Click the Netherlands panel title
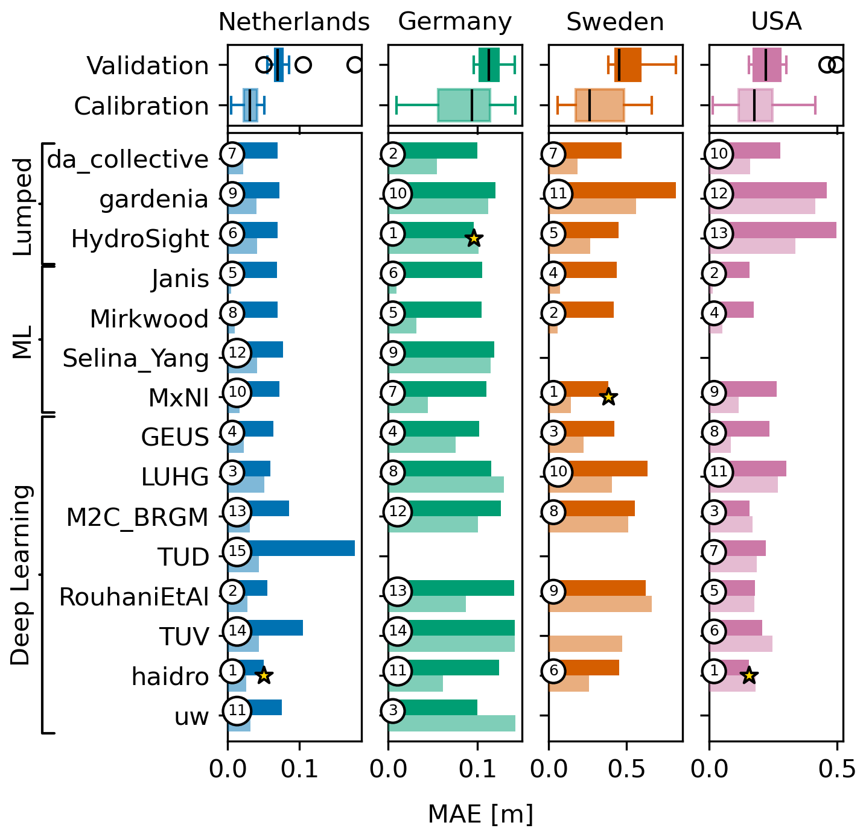pyautogui.click(x=293, y=22)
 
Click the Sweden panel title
pyautogui.click(x=614, y=22)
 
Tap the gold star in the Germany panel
pyautogui.click(x=474, y=238)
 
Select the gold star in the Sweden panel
pyautogui.click(x=608, y=397)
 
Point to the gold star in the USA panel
pyautogui.click(x=749, y=675)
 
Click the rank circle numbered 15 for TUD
pyautogui.click(x=238, y=551)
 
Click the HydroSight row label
pyautogui.click(x=139, y=239)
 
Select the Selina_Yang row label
pyautogui.click(x=136, y=358)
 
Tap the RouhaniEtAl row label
pyautogui.click(x=133, y=597)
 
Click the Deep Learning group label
pyautogui.click(x=21, y=574)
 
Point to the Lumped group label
pyautogui.click(x=22, y=206)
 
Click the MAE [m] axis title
pyautogui.click(x=480, y=814)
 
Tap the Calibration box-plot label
pyautogui.click(x=141, y=106)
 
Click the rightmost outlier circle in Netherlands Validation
pyautogui.click(x=355, y=65)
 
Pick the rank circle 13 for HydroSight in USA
pyautogui.click(x=719, y=233)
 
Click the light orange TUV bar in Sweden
pyautogui.click(x=585, y=644)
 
